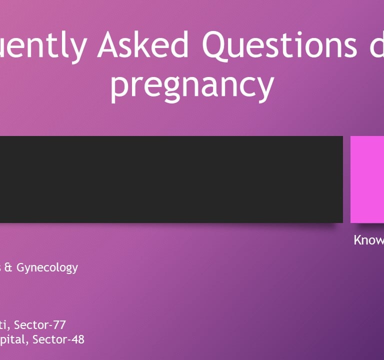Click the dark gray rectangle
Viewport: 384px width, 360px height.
170,179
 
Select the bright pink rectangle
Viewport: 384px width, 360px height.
367,179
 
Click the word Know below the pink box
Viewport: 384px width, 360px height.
369,240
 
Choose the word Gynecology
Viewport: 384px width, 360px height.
47,268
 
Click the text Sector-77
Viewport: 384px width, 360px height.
40,325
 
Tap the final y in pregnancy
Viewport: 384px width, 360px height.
265,88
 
